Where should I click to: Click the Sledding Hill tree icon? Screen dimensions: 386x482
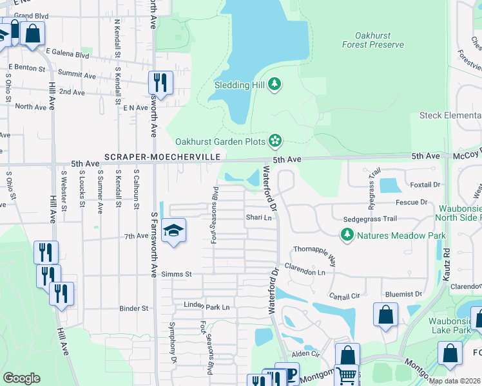[x=275, y=84]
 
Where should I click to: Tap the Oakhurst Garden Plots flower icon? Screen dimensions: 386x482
[x=275, y=140]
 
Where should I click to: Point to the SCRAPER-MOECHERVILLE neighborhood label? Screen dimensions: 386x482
[x=163, y=157]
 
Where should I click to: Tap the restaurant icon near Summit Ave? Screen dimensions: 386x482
[x=160, y=82]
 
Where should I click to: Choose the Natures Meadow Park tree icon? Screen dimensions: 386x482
[x=347, y=235]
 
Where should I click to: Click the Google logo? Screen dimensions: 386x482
[x=21, y=378]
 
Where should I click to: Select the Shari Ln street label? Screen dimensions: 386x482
[x=258, y=217]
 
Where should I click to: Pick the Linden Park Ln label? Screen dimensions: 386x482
[x=207, y=307]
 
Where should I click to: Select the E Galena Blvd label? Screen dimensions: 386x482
[x=66, y=55]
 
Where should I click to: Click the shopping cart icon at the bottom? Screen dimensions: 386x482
[x=347, y=375]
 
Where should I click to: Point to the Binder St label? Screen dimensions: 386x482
[x=133, y=309]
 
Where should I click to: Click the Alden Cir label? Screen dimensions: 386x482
[x=305, y=354]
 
